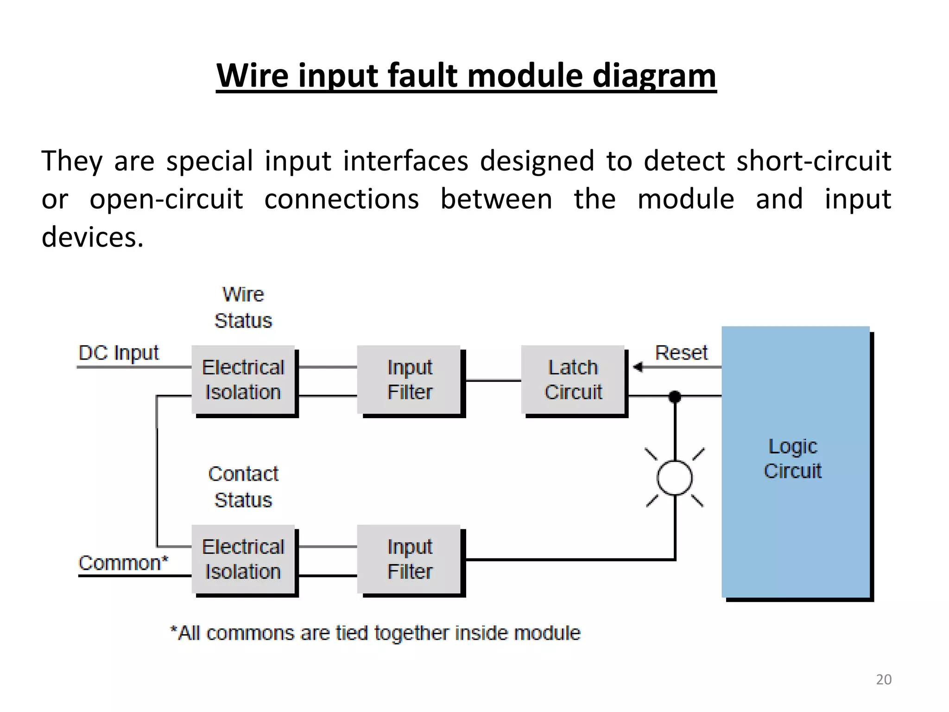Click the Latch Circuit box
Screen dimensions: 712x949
[x=573, y=380]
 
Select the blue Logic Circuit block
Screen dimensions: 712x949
[x=795, y=462]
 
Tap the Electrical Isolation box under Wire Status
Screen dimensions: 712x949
[x=243, y=380]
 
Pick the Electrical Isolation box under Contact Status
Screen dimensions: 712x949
[x=243, y=559]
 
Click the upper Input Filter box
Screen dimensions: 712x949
[x=409, y=380]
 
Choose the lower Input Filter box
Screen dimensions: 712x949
[x=409, y=559]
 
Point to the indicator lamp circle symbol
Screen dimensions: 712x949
[x=675, y=478]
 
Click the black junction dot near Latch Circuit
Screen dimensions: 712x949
[x=675, y=397]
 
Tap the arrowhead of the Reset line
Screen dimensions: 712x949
[x=638, y=367]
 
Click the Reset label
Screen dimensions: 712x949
[x=681, y=353]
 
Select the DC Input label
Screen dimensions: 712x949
[x=119, y=353]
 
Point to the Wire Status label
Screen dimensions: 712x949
[x=243, y=307]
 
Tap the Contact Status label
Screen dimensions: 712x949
[x=243, y=487]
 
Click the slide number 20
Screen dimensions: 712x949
[x=884, y=680]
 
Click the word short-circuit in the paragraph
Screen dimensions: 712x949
[x=814, y=161]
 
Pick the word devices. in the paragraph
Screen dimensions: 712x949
[x=93, y=237]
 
